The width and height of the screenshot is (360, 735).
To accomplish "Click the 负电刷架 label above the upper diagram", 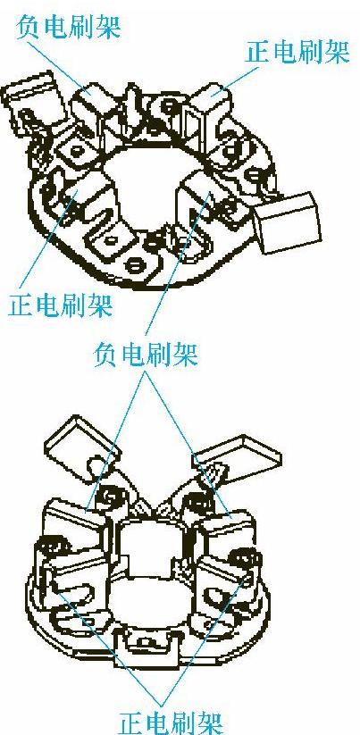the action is [x=69, y=27].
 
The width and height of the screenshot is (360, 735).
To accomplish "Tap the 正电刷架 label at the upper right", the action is [x=297, y=52].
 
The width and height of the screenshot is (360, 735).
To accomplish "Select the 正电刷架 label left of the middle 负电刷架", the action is [x=61, y=305].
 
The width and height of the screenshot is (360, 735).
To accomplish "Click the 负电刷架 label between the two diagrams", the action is [x=146, y=354].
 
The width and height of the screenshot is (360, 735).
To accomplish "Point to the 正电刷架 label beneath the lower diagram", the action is [x=170, y=722].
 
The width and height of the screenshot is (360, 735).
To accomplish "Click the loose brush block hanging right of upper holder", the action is [x=287, y=222].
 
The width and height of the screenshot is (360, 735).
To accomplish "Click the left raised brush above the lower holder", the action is [x=83, y=450].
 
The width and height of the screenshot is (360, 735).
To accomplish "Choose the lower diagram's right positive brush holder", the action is [x=224, y=581].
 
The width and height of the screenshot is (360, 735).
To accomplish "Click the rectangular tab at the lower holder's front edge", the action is [x=147, y=646].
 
